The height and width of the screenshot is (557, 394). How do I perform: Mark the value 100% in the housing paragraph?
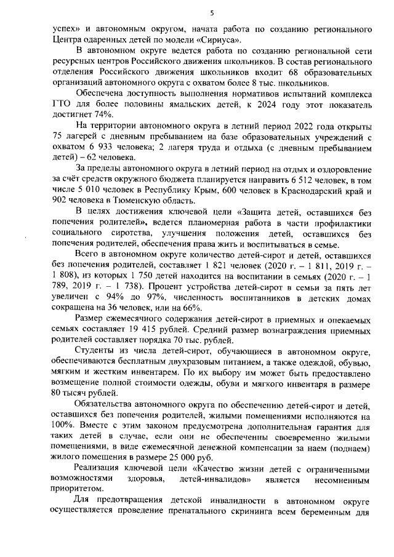[x=62, y=432]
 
